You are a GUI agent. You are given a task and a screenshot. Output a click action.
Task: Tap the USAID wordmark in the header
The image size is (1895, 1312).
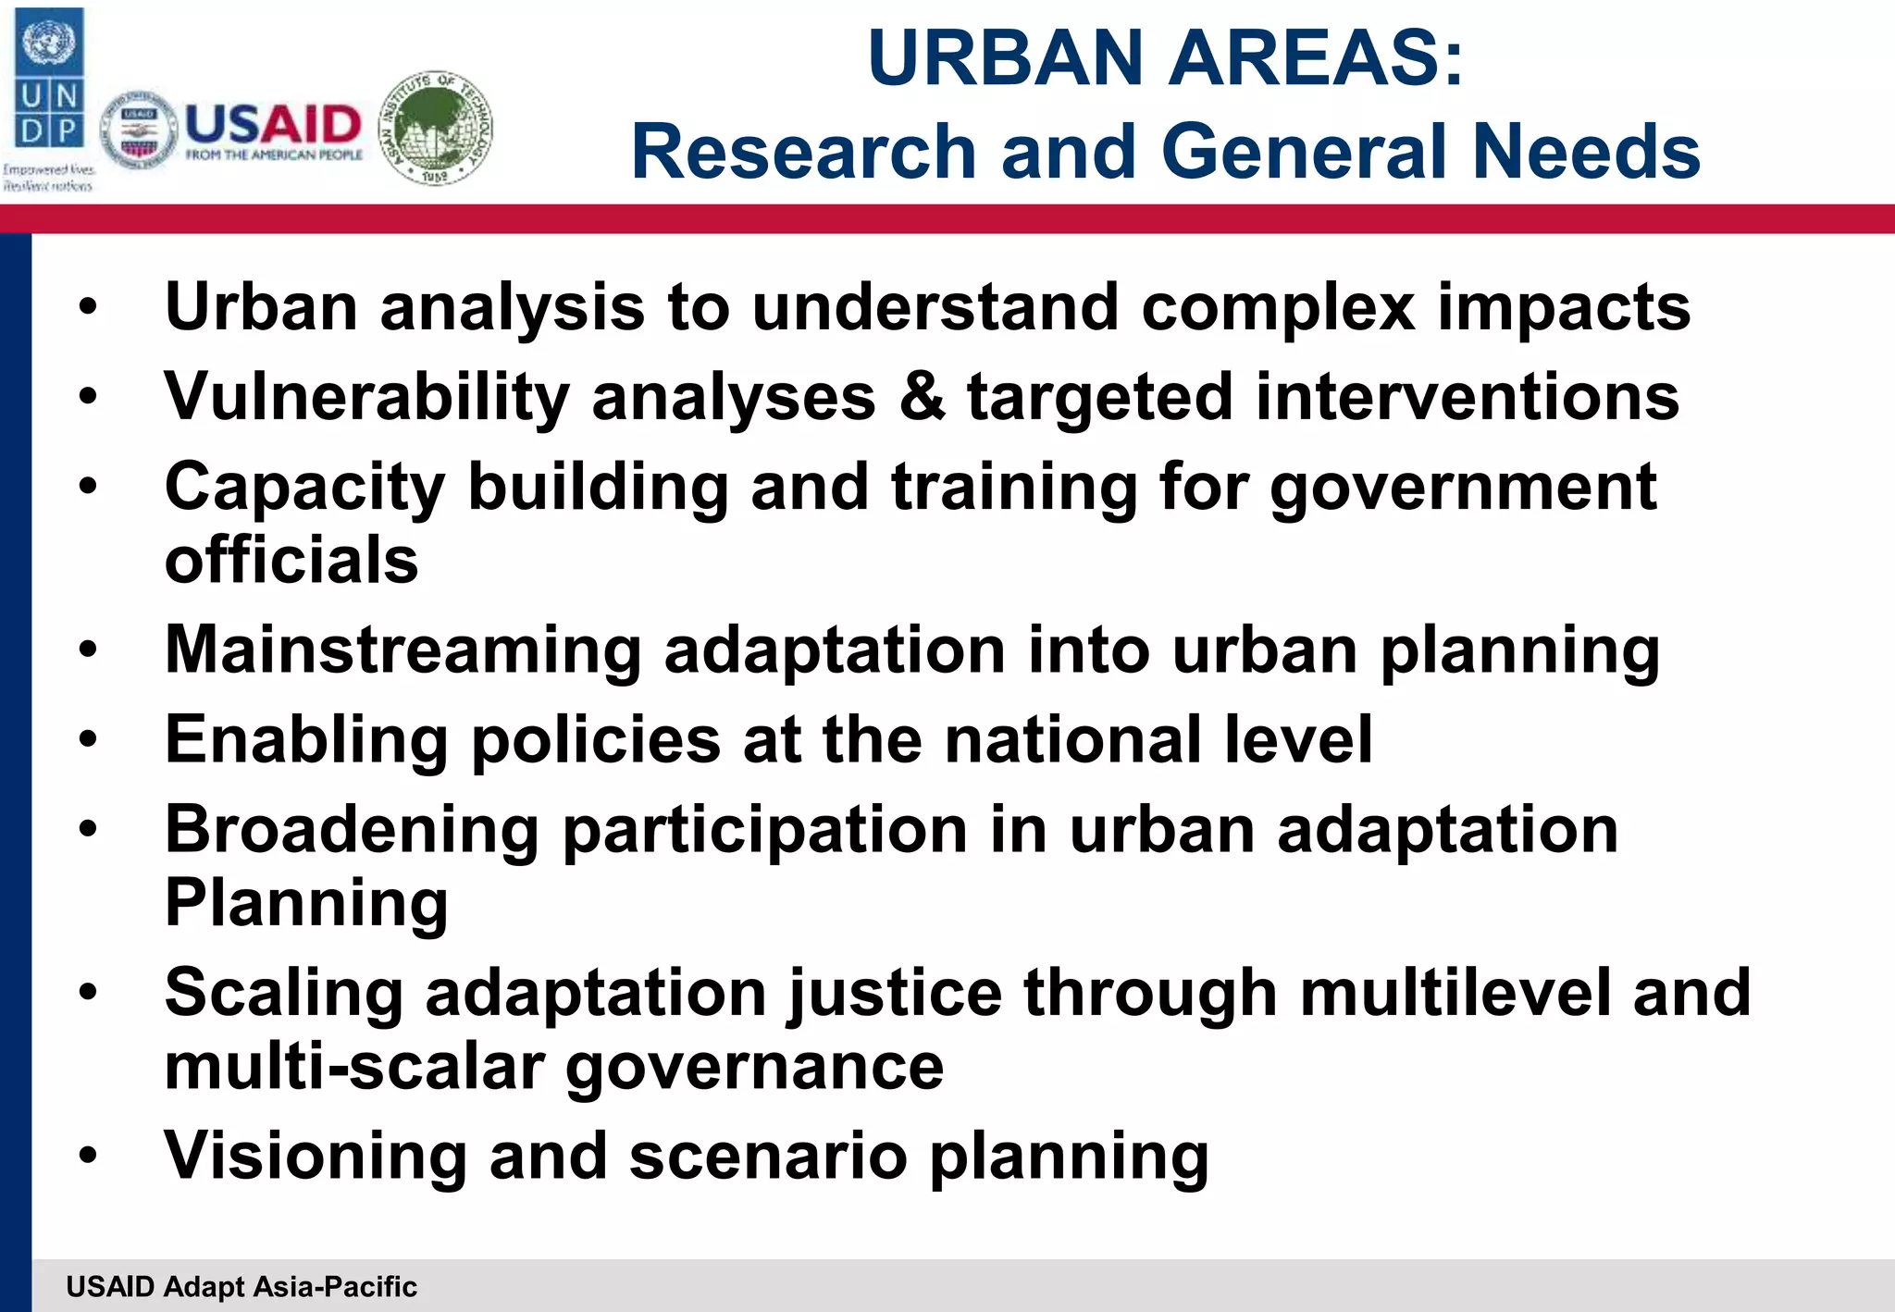273,125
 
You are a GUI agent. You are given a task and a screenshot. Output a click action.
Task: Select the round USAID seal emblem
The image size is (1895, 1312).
138,130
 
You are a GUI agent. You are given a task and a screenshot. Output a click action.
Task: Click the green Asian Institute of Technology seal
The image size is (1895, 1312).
436,129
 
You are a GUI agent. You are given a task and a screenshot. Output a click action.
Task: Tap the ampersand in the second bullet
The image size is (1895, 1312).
921,396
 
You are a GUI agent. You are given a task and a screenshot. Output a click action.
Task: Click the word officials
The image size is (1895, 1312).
291,561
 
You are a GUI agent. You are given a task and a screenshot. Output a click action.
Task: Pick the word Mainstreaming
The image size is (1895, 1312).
403,650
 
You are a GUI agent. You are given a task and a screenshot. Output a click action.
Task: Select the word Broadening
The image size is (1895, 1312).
352,829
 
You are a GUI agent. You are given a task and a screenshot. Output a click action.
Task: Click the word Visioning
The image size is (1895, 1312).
316,1156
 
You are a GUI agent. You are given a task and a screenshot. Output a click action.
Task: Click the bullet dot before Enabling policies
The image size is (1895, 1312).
88,739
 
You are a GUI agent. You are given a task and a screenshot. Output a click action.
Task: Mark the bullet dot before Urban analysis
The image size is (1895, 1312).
88,306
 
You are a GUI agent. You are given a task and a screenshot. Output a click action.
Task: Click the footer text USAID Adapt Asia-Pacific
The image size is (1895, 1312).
242,1287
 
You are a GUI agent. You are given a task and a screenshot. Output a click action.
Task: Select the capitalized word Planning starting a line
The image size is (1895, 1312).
306,903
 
